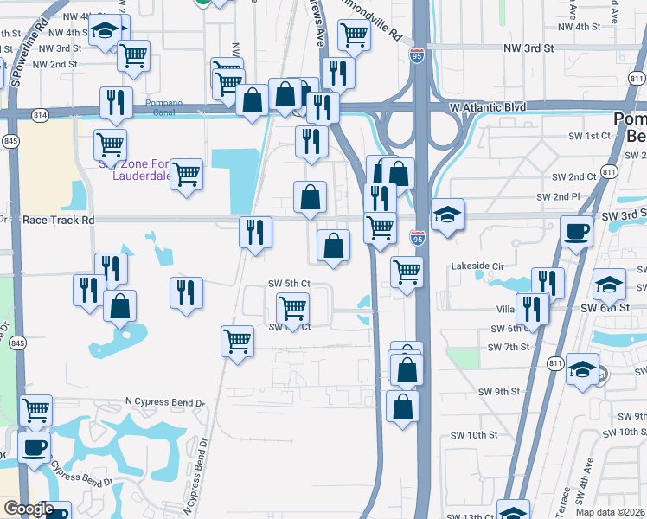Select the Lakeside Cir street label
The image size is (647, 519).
pos(477,267)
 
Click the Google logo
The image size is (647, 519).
pos(29,509)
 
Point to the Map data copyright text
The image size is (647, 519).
pos(611,512)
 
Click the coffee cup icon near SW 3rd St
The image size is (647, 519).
pos(577,231)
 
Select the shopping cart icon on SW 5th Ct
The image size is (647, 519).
pos(293,308)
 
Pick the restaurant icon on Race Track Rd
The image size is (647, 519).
pos(255,231)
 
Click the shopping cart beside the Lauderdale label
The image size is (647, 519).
pos(186,175)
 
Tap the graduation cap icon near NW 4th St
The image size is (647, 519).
pos(106,32)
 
